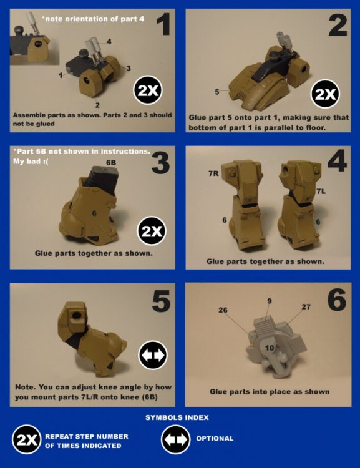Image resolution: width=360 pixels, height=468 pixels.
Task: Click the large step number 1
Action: pyautogui.click(x=163, y=24)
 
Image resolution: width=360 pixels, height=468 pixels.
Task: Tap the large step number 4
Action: pyautogui.click(x=338, y=160)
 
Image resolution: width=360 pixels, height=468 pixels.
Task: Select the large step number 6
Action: pyautogui.click(x=337, y=300)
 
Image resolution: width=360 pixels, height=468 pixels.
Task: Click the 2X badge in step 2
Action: pyautogui.click(x=326, y=94)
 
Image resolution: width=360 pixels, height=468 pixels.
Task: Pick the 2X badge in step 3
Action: pyautogui.click(x=152, y=231)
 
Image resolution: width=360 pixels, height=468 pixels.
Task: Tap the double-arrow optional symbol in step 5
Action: pyautogui.click(x=153, y=355)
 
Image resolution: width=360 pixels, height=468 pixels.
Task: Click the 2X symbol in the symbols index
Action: pyautogui.click(x=27, y=439)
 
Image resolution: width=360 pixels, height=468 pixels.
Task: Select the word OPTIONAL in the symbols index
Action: pyautogui.click(x=215, y=439)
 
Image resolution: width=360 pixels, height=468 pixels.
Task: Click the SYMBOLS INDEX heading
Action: pyautogui.click(x=177, y=417)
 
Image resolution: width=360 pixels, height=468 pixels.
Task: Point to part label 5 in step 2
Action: pyautogui.click(x=217, y=92)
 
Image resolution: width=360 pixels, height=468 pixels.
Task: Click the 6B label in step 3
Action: pyautogui.click(x=111, y=163)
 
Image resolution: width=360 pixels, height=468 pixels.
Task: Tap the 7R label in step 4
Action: pyautogui.click(x=213, y=173)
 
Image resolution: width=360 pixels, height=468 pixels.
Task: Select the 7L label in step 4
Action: pyautogui.click(x=321, y=192)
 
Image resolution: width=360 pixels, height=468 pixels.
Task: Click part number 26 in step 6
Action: pyautogui.click(x=223, y=310)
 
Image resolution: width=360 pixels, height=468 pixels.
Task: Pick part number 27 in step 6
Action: pyautogui.click(x=306, y=306)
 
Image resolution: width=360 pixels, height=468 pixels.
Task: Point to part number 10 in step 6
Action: pyautogui.click(x=270, y=348)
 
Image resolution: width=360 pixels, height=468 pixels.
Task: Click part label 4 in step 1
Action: pyautogui.click(x=109, y=41)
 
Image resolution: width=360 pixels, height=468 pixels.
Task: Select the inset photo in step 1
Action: pyautogui.click(x=34, y=38)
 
